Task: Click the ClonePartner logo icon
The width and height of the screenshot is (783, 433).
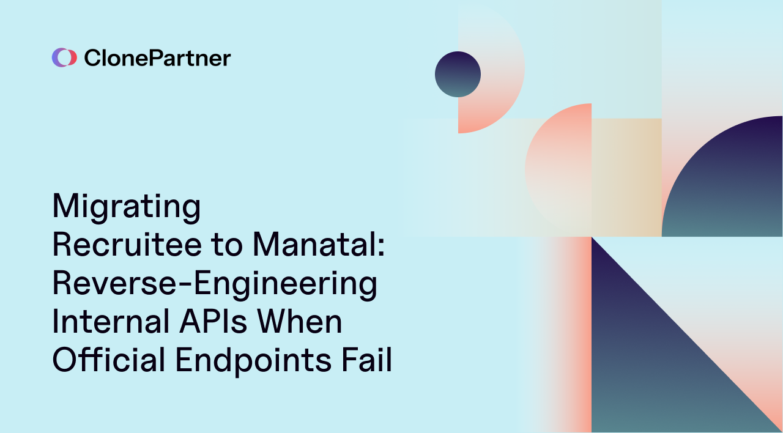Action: (x=64, y=57)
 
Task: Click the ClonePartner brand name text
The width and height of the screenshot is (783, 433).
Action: (x=157, y=58)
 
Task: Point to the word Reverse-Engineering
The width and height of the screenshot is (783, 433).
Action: (x=214, y=284)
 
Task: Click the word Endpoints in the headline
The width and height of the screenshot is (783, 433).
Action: (x=253, y=360)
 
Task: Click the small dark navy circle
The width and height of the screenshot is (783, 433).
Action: (x=458, y=74)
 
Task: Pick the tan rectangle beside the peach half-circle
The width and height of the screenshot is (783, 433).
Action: (x=626, y=177)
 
